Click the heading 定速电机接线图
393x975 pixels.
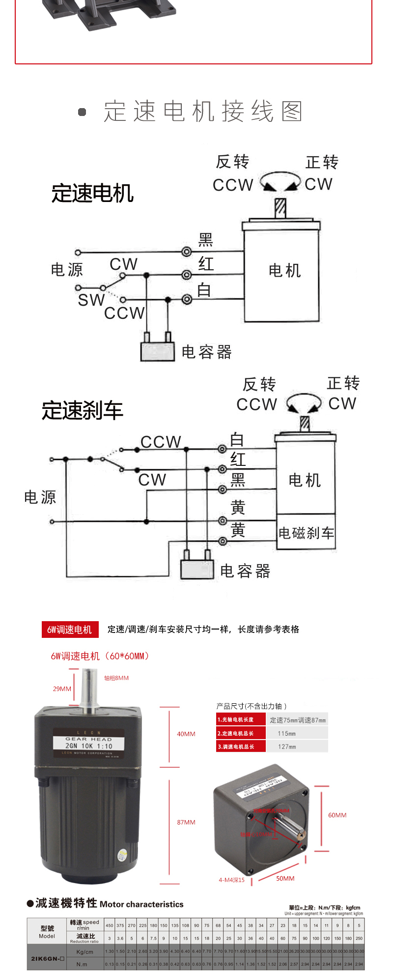[x=202, y=112]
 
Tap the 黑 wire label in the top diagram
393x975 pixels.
[x=205, y=240]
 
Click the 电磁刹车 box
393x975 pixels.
[x=306, y=533]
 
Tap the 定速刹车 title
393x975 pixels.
[x=82, y=410]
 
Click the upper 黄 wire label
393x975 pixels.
[x=238, y=507]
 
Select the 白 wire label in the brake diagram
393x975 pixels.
[x=237, y=439]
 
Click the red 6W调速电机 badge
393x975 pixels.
[x=70, y=630]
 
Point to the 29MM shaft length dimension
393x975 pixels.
[x=62, y=689]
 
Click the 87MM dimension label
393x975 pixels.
[x=186, y=822]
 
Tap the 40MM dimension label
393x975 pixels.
[x=186, y=734]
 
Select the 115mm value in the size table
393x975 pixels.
[x=286, y=734]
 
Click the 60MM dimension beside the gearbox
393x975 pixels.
[x=337, y=815]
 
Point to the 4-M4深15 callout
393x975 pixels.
[x=231, y=880]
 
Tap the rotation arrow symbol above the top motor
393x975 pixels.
[x=280, y=182]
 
